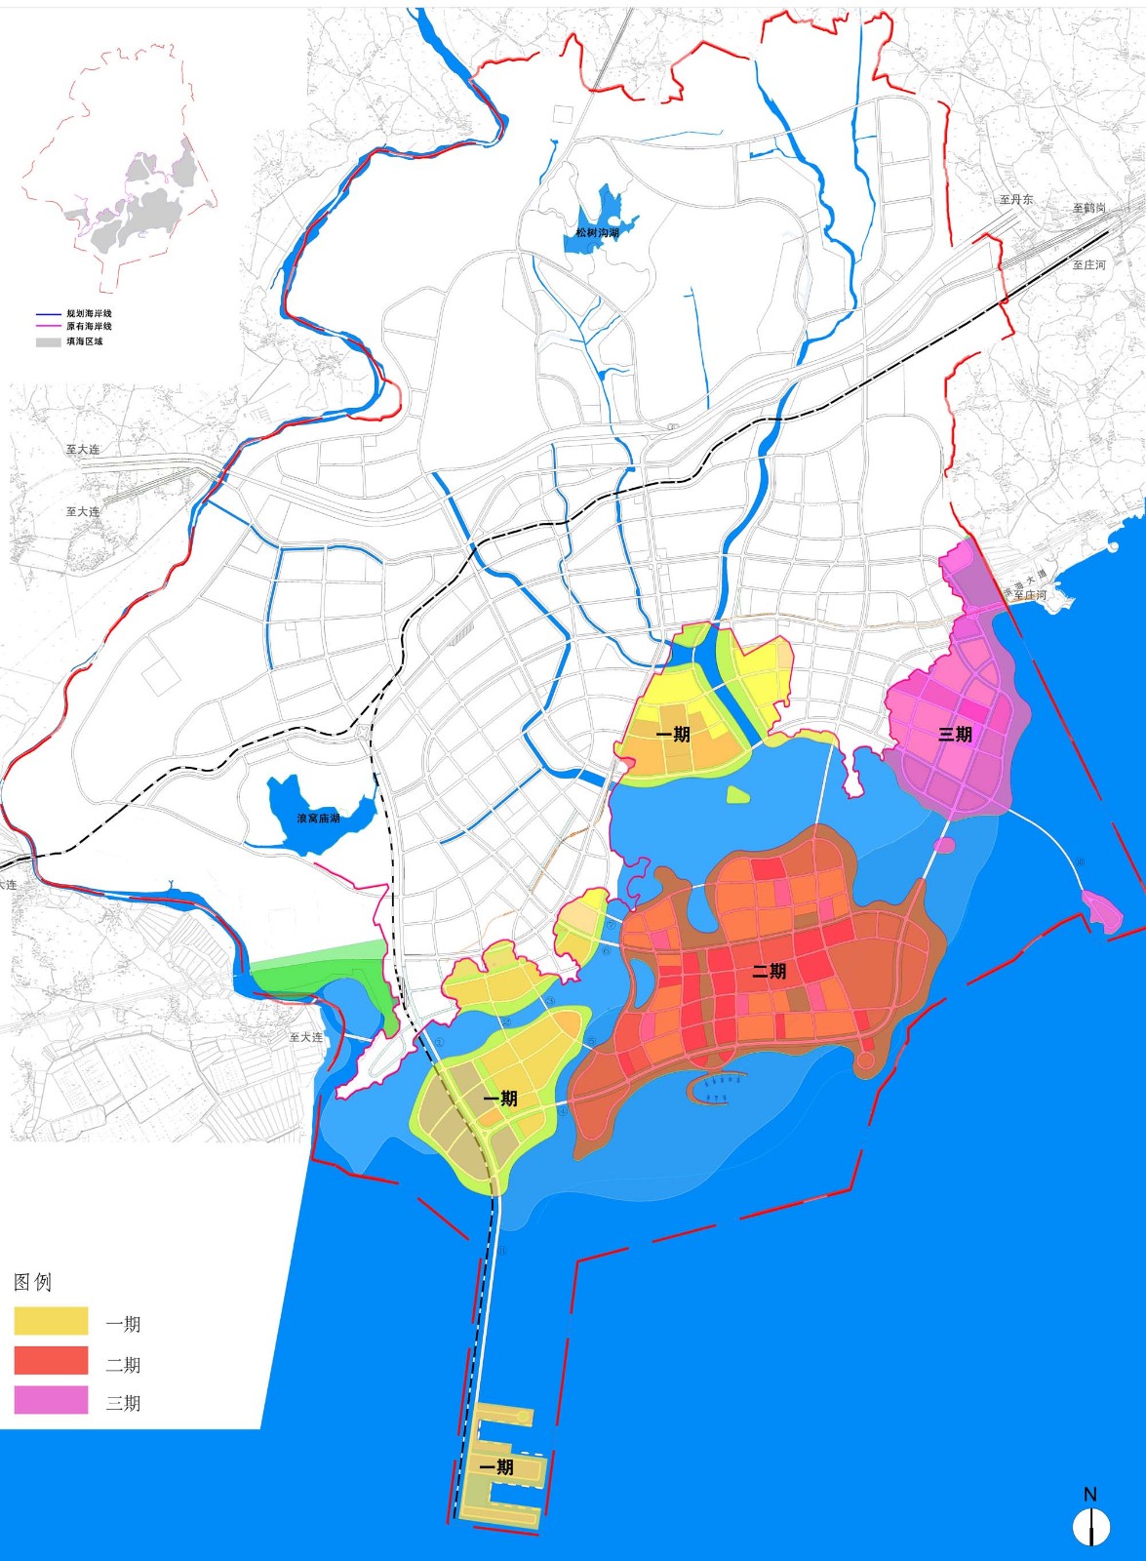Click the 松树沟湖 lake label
point(597,233)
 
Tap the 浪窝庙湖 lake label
point(319,818)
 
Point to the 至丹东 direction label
point(1015,199)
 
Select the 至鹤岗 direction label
point(1089,208)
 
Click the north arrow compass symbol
point(1090,1526)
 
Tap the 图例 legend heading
point(32,1282)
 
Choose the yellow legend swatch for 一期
point(51,1321)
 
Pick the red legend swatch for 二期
point(51,1361)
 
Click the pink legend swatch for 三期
point(51,1400)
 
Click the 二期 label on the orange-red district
point(769,971)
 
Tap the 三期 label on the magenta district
point(955,734)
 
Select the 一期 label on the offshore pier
point(496,1467)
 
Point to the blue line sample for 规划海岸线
point(49,314)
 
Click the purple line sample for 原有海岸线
point(49,327)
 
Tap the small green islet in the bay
point(738,795)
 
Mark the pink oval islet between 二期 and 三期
point(944,845)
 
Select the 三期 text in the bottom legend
point(123,1403)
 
